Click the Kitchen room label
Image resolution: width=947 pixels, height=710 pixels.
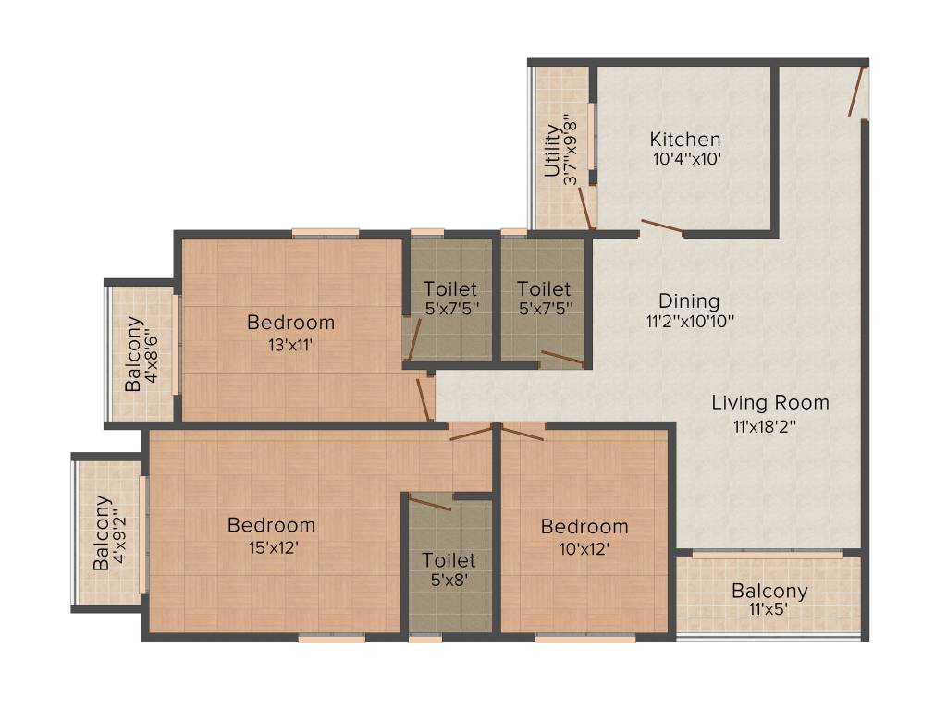(x=685, y=140)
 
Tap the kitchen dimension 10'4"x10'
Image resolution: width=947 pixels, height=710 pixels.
(x=685, y=159)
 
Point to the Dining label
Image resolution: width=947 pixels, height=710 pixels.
(x=688, y=301)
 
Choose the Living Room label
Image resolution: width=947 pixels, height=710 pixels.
(x=769, y=403)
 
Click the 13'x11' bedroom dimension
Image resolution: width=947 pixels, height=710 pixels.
(x=290, y=345)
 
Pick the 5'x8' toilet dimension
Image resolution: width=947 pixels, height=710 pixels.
(x=449, y=582)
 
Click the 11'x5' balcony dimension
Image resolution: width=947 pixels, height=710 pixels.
(x=769, y=611)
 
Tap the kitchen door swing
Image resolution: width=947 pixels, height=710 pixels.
(x=662, y=227)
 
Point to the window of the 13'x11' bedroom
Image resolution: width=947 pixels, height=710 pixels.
(x=326, y=232)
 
